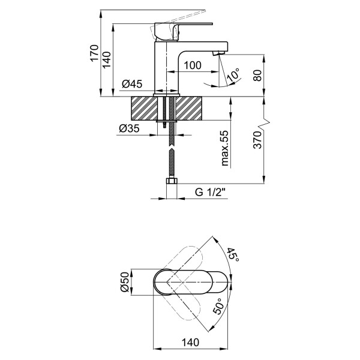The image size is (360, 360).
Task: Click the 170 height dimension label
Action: click(x=93, y=53)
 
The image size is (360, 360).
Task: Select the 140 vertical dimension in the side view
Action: click(x=107, y=60)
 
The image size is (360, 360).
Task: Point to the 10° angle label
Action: click(x=233, y=75)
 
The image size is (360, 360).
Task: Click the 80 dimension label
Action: click(x=259, y=76)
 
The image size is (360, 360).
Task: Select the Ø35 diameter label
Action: click(x=129, y=128)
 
